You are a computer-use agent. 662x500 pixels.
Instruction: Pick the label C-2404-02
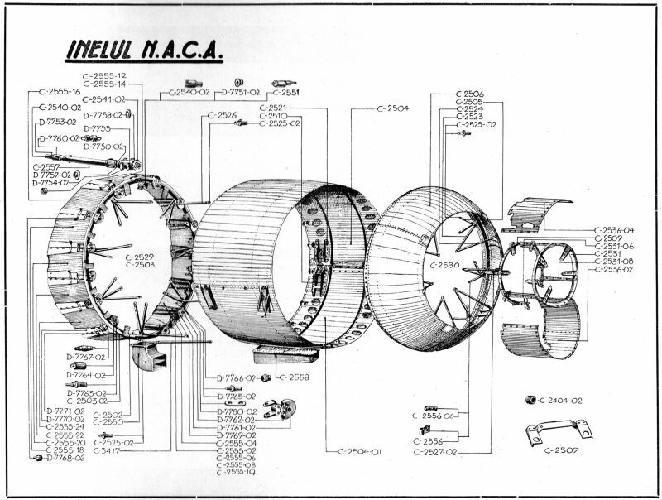tap(562, 401)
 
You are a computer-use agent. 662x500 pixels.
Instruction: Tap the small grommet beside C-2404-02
tap(529, 401)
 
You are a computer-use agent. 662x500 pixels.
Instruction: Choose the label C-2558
tap(294, 377)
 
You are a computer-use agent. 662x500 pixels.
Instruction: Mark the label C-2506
tap(469, 94)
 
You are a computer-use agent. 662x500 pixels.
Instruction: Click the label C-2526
tap(222, 115)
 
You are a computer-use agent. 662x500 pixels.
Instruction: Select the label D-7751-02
tap(241, 93)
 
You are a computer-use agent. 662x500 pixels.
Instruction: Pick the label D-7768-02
tap(67, 458)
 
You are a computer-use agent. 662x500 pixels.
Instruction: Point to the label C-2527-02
tap(438, 451)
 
